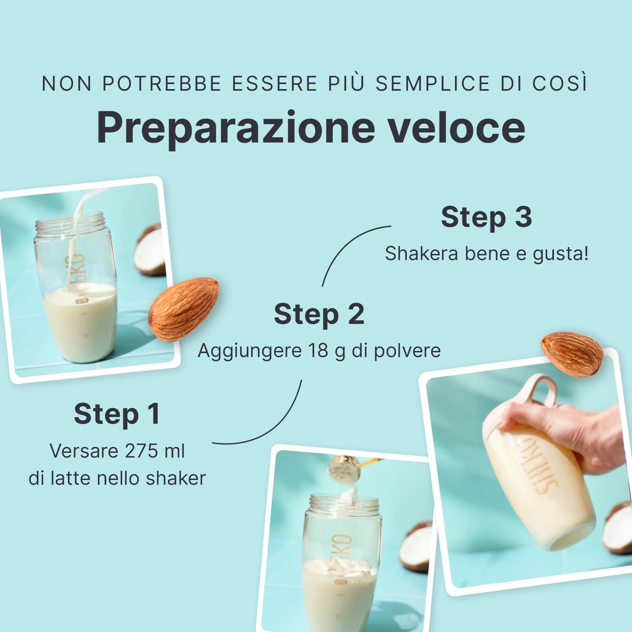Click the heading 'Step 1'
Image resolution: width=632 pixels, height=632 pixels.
117,414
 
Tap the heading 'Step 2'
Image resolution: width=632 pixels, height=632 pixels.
319,314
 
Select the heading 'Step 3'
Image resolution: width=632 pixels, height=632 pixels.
486,217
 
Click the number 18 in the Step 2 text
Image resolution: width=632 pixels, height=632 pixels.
318,350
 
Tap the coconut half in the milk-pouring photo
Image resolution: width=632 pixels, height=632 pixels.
150,250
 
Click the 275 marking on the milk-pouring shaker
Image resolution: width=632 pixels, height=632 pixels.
82,301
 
